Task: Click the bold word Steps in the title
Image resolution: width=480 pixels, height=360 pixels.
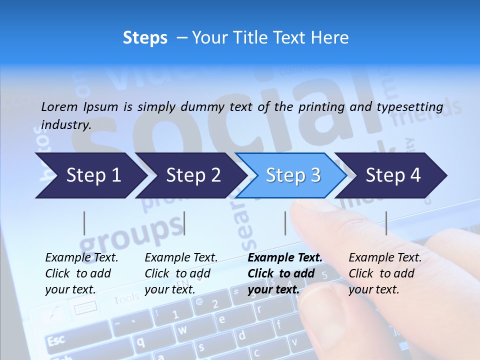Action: [145, 38]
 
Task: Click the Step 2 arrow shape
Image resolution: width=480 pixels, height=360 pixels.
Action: [190, 175]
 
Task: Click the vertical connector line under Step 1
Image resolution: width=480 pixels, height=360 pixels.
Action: [84, 223]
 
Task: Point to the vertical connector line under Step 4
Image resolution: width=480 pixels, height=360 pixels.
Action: [386, 223]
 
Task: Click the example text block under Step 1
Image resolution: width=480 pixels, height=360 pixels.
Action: [82, 273]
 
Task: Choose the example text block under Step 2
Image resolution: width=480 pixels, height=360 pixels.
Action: [181, 273]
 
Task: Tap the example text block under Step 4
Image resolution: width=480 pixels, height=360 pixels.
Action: [385, 273]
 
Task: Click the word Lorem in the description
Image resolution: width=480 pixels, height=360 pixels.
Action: [59, 107]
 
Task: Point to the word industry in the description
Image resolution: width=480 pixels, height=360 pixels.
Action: [66, 125]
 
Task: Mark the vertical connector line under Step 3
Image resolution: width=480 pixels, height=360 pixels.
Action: [285, 223]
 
